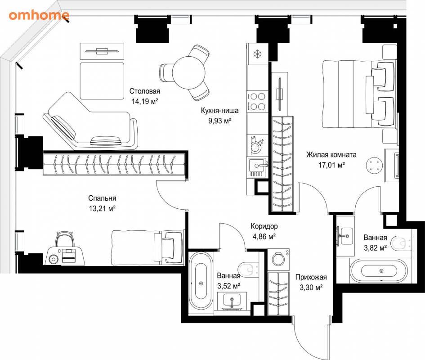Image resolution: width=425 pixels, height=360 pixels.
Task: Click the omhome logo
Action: pos(39,15)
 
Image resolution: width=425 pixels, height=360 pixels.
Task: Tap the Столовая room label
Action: pos(144,91)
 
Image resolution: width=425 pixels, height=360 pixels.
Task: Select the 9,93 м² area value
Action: pos(219,121)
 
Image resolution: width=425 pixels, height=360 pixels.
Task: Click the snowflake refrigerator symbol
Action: pos(257,54)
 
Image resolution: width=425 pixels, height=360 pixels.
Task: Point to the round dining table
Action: pos(188,72)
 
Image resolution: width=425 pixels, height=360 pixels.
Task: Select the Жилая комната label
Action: pos(331,155)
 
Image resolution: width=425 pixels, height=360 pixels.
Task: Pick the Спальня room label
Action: pos(102,198)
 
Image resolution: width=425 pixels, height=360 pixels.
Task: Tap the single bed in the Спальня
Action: pos(148,247)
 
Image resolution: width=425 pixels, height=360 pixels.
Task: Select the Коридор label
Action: pos(264,226)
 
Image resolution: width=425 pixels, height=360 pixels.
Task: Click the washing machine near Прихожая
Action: pos(278,259)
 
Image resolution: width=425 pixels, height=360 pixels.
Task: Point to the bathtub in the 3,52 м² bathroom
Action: pos(201,283)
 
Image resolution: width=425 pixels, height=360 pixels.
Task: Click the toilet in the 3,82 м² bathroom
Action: pos(402,243)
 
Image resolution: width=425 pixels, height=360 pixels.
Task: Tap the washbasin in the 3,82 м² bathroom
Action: pos(345,236)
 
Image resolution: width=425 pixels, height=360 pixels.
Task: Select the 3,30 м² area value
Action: pos(311,287)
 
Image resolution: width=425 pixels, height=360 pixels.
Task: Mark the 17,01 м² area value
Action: pos(331,165)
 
